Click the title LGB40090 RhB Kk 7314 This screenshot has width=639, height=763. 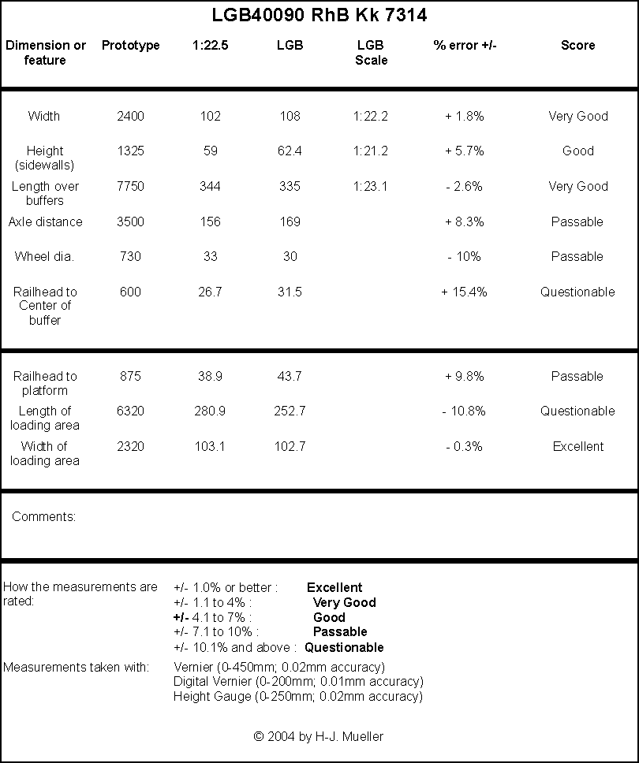tap(319, 15)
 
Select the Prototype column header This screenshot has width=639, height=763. tap(130, 45)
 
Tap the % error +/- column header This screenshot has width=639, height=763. tap(465, 45)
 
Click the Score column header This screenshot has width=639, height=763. tap(577, 45)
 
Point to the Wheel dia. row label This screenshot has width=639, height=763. tap(44, 256)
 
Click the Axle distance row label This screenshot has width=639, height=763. tap(45, 222)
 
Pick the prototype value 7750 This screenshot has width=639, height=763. tap(130, 186)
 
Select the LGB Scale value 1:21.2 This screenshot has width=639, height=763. tap(371, 151)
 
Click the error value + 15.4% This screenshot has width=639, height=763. tap(464, 292)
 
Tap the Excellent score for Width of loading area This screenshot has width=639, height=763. tap(578, 446)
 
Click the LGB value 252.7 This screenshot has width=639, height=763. tap(290, 411)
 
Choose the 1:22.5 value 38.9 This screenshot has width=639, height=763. tap(210, 376)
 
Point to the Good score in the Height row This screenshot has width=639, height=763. tap(578, 151)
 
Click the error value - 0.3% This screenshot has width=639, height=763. tap(464, 446)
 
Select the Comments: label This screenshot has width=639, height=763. tap(44, 516)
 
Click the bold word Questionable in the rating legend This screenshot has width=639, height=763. tap(344, 647)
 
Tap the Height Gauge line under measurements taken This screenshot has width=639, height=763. tap(298, 696)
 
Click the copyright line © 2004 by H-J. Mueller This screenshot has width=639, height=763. tap(319, 736)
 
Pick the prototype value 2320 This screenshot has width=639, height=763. tap(130, 446)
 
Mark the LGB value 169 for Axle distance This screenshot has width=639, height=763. tap(290, 222)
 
